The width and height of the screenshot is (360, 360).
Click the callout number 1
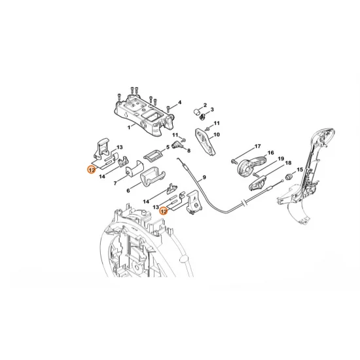[x=129, y=127]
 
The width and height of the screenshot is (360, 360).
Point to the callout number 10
[x=217, y=135]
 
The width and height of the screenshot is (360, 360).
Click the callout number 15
[x=300, y=170]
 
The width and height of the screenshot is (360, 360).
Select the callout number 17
[x=258, y=146]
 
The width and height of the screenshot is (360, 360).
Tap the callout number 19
[x=280, y=159]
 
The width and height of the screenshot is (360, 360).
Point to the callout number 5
[x=168, y=148]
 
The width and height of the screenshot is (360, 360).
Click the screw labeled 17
[x=234, y=160]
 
